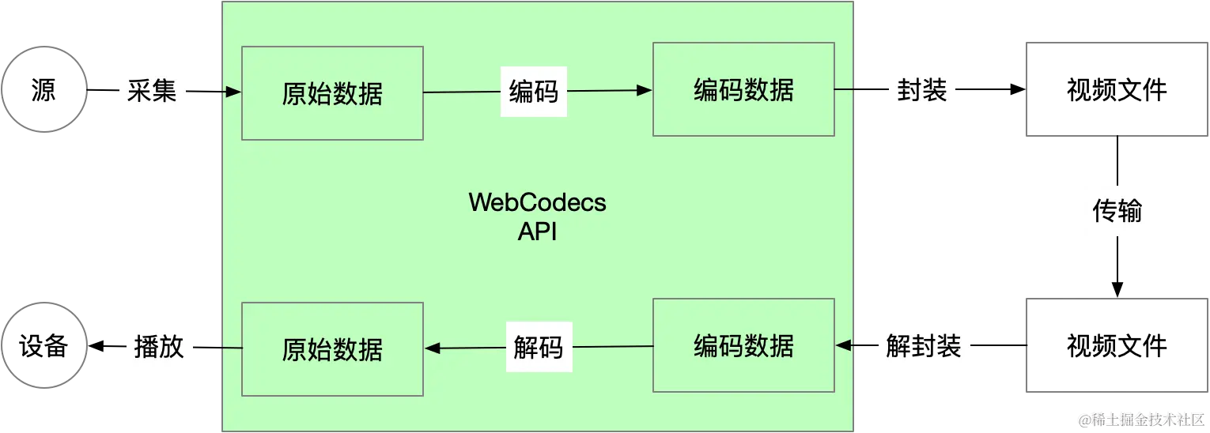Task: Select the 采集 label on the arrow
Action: pyautogui.click(x=152, y=90)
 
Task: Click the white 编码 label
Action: pyautogui.click(x=534, y=91)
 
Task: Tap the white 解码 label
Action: pyautogui.click(x=539, y=347)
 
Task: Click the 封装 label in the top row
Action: pyautogui.click(x=922, y=89)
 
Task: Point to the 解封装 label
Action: pyautogui.click(x=924, y=345)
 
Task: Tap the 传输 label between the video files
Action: pyautogui.click(x=1117, y=210)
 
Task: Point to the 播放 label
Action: pyautogui.click(x=159, y=347)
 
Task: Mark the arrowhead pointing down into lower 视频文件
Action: pyautogui.click(x=1117, y=289)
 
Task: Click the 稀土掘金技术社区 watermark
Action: pyautogui.click(x=1141, y=420)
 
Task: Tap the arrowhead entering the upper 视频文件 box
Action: pyautogui.click(x=1018, y=89)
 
